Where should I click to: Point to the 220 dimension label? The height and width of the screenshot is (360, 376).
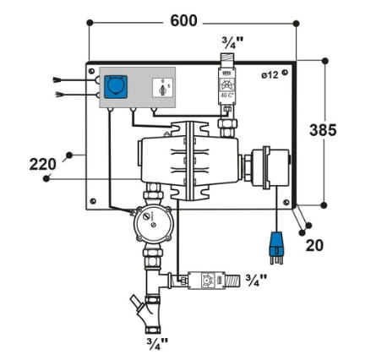(x=42, y=162)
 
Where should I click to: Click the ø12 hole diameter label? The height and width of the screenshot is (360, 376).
(x=270, y=75)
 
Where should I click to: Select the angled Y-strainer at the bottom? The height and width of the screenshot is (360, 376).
(x=152, y=307)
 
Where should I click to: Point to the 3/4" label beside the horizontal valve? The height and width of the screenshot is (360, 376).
(x=255, y=277)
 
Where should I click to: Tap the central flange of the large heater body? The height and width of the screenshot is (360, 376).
(x=187, y=161)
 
